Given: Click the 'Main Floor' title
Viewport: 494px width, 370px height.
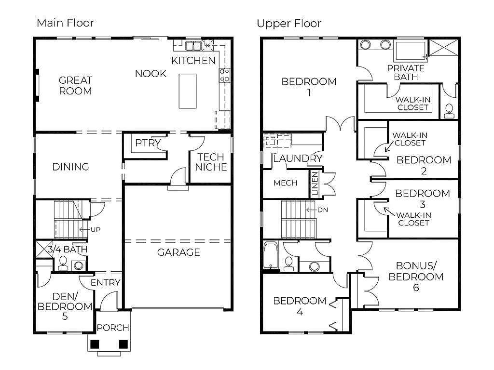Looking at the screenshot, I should [65, 23].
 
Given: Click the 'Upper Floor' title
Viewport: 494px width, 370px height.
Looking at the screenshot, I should [288, 23].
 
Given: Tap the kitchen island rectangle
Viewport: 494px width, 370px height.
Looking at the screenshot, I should [188, 91].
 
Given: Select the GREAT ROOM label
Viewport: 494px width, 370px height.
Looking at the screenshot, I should [75, 85].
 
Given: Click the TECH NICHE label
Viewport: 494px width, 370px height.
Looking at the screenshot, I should [211, 162].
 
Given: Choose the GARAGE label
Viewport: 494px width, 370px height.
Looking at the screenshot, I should [178, 252].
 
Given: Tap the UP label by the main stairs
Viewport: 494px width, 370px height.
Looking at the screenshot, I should [95, 229].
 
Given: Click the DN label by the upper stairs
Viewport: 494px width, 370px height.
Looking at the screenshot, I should [322, 210].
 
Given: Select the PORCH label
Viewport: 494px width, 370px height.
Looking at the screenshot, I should [113, 328].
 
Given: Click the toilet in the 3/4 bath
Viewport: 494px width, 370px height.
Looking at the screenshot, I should [63, 263].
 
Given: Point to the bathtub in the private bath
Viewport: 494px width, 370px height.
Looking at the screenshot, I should [410, 51].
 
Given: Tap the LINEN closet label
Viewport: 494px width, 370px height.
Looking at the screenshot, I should [315, 184].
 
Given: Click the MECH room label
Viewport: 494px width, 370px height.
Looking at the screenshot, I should [285, 183].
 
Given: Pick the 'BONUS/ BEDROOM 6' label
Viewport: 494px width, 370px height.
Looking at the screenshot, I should [416, 277].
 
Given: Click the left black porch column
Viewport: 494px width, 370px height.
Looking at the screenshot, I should [95, 344].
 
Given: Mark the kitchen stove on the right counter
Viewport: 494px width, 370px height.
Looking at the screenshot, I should [224, 75].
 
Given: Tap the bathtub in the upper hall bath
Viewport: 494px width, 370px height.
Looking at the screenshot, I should [271, 255].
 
